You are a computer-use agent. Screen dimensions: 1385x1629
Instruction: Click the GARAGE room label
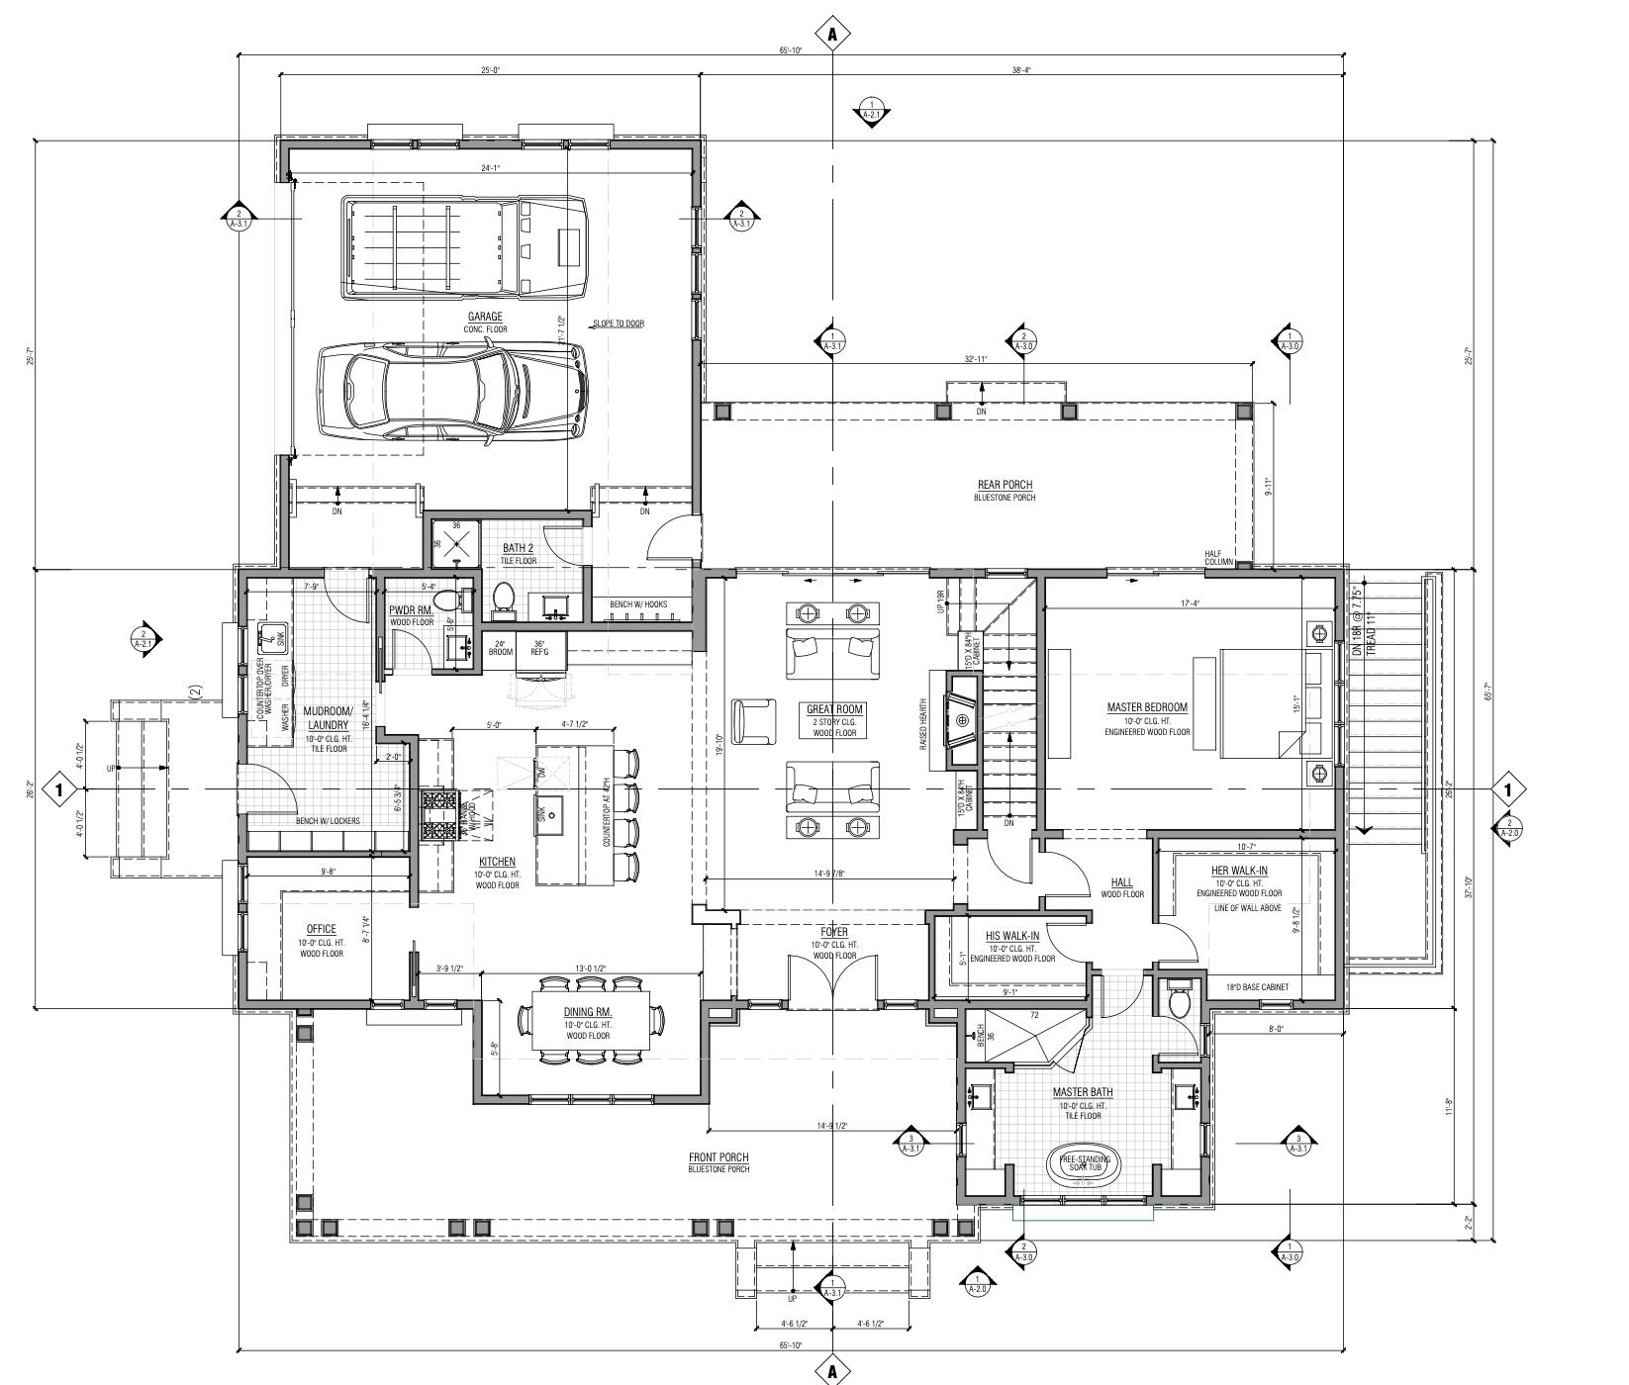[485, 317]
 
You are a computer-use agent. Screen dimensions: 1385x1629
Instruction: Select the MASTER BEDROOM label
[1147, 707]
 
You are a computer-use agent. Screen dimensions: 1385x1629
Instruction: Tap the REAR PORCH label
[1005, 485]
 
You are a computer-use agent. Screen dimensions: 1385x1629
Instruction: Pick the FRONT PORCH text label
[719, 1157]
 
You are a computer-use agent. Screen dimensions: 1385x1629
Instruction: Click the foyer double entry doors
[832, 981]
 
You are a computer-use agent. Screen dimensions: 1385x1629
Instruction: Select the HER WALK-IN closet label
[1239, 871]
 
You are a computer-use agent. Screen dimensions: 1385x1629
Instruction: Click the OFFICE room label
[321, 929]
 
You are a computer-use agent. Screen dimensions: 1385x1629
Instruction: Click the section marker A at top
[832, 34]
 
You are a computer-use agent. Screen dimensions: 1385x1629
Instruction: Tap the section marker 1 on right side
[1507, 789]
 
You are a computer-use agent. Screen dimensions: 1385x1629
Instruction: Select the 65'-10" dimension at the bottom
[790, 1345]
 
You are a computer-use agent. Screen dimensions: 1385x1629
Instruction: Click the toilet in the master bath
[1178, 1001]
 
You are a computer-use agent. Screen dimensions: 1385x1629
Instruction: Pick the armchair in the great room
[755, 719]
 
